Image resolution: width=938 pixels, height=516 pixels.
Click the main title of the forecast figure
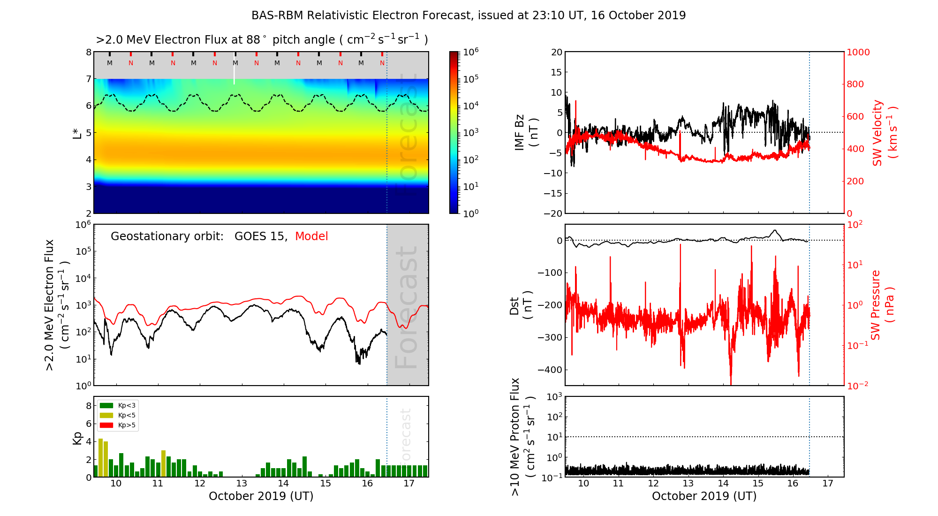pyautogui.click(x=469, y=15)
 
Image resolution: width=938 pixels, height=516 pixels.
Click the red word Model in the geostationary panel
pyautogui.click(x=311, y=236)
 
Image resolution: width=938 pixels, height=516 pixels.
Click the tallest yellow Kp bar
pyautogui.click(x=100, y=457)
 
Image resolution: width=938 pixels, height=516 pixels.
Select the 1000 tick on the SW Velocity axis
pyautogui.click(x=858, y=52)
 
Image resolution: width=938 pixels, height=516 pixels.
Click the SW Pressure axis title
pyautogui.click(x=883, y=305)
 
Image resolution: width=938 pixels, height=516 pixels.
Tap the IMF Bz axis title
pyautogui.click(x=526, y=133)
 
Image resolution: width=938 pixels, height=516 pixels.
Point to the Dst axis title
pyautogui.click(x=521, y=305)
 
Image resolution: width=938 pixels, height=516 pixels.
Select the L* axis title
pyautogui.click(x=77, y=133)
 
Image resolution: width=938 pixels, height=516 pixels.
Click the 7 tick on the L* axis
pyautogui.click(x=89, y=79)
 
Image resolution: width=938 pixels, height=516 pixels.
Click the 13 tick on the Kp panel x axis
pyautogui.click(x=242, y=484)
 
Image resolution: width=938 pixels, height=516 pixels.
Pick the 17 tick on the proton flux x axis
pyautogui.click(x=828, y=484)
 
